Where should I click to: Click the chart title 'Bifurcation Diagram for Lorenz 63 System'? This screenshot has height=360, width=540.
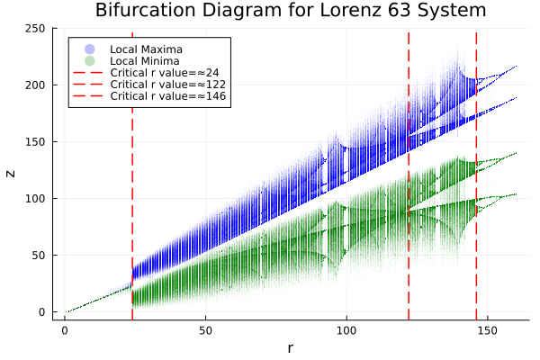click(291, 12)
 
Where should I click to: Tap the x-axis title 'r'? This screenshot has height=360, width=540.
click(291, 347)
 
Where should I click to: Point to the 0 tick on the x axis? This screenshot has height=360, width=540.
click(65, 330)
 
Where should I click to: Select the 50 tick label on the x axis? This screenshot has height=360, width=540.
click(205, 330)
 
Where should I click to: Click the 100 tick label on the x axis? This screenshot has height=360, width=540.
click(346, 330)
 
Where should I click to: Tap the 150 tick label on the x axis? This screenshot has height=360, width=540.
click(488, 330)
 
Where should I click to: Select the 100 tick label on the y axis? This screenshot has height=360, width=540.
click(39, 199)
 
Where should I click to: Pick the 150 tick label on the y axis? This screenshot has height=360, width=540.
click(39, 142)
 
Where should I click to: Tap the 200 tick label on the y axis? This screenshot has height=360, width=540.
click(39, 85)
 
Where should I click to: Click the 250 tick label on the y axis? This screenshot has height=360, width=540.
click(39, 29)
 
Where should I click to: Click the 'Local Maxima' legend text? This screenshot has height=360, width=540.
click(144, 48)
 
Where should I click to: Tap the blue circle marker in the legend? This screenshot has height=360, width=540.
click(88, 48)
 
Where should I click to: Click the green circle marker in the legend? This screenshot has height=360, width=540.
click(88, 60)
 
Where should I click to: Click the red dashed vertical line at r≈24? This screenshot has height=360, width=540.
click(132, 180)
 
